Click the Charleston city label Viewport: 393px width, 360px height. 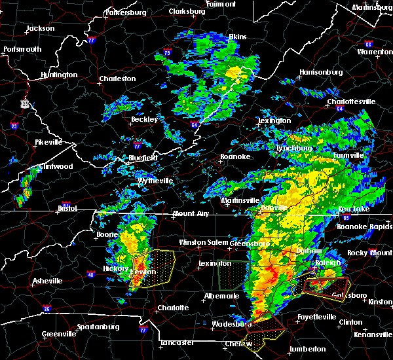point(117,79)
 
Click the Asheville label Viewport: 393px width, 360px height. point(48,281)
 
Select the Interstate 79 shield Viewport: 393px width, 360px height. point(168,53)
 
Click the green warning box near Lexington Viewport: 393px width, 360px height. point(233,276)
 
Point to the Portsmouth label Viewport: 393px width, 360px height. point(22,49)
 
